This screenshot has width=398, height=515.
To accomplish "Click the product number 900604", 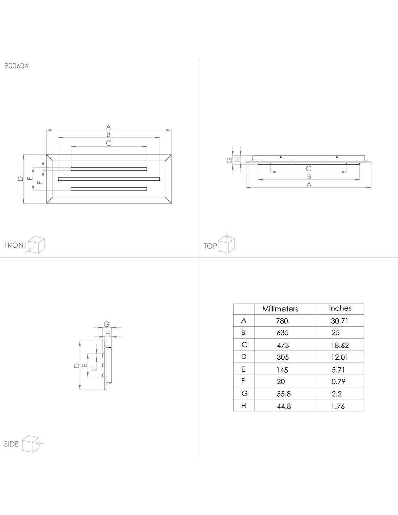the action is [16, 66].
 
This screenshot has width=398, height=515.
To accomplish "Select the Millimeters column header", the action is [280, 309].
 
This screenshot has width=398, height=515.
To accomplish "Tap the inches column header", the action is [340, 308].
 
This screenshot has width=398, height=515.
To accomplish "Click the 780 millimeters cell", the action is [282, 321].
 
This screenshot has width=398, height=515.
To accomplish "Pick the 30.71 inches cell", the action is [339, 321].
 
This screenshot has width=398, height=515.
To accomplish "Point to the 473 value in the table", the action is [283, 345].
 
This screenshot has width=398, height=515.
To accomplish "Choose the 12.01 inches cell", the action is [339, 357].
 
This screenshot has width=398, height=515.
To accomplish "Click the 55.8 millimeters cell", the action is [284, 394].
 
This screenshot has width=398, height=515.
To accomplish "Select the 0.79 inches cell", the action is [338, 381].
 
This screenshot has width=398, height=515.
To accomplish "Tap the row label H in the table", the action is [244, 406].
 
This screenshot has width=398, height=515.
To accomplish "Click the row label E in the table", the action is [244, 369].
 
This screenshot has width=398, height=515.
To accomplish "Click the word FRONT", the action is [16, 245].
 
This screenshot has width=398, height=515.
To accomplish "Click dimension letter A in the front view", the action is [109, 127].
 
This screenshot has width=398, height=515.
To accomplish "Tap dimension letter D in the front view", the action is [21, 179].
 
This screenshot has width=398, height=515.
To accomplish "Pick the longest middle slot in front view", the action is [109, 179].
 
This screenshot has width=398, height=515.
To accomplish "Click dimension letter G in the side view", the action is [106, 324].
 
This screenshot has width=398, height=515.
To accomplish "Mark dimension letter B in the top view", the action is [309, 176].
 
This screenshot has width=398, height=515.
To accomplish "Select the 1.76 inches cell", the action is [338, 406].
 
